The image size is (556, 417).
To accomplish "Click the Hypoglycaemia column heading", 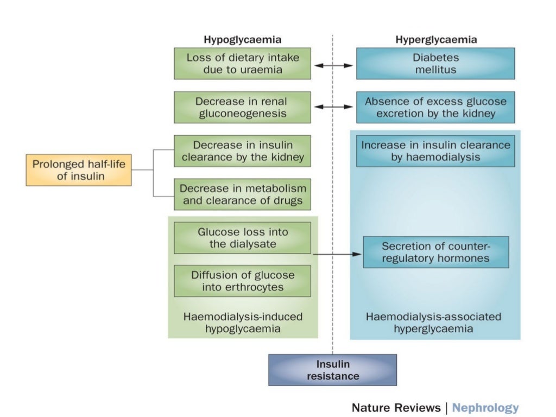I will pos(242,39).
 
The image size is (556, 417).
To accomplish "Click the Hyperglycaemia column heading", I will pos(436,39).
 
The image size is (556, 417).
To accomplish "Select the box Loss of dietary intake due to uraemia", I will pos(242,64).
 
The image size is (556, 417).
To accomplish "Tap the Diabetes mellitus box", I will pos(435,64).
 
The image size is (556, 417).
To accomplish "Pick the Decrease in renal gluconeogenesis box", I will pos(242,108).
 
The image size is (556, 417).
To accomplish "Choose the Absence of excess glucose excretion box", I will pos(435,108).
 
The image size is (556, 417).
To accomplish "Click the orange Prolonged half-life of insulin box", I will pos(79,170).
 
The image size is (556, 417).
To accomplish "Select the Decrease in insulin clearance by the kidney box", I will pos(242,151).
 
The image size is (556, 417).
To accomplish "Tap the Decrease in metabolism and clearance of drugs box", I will pos(242,194).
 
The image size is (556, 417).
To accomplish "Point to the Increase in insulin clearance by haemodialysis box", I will pos(435,151).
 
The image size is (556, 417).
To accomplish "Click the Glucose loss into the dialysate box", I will pos(242,238).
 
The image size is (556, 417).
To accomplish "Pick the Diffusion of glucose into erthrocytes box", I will pos(242,281).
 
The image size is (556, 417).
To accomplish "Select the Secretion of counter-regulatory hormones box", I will pos(435,252).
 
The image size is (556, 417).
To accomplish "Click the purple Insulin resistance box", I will pos(332,370).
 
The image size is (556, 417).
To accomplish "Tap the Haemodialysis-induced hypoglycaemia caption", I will pos(242,323).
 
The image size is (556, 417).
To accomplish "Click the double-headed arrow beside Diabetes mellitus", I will pos(334,65).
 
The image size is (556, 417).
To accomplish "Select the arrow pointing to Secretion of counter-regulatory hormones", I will pos(337,254).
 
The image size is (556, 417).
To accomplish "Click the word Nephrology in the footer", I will pos(485,407).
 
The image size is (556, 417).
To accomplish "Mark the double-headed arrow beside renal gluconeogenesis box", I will pos(334,107).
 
